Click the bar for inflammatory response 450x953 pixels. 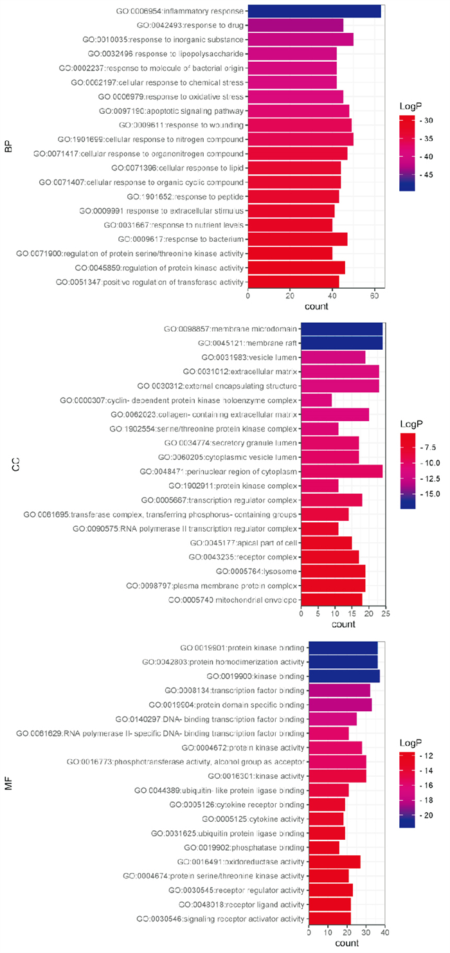pos(314,12)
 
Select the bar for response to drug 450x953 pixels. pos(296,26)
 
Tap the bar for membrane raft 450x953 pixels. pos(341,343)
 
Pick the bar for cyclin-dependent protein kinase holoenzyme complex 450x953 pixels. pos(316,401)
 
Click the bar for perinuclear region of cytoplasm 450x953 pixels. pos(341,471)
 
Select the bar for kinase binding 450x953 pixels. pos(344,676)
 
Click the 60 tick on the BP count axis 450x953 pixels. pos(374,296)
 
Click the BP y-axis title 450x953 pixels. pos(8,147)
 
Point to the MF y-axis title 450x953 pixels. pos(8,785)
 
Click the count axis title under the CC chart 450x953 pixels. pos(341,624)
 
